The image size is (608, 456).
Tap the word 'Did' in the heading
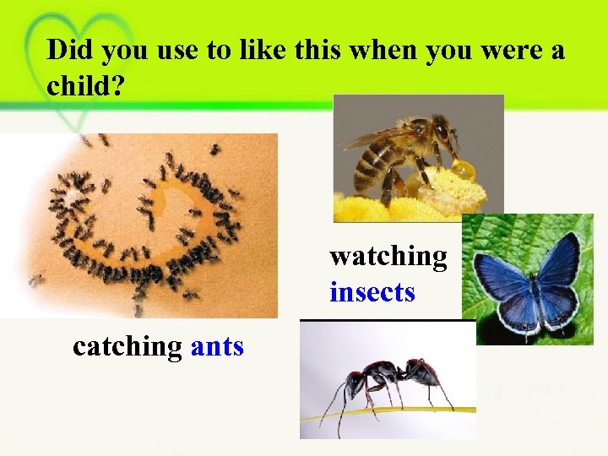click(69, 51)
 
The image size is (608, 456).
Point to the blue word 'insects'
click(372, 292)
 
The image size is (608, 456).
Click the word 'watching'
click(388, 255)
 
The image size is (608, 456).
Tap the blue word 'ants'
click(218, 345)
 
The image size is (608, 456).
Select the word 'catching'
click(128, 346)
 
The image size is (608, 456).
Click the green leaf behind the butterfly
click(490, 236)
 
